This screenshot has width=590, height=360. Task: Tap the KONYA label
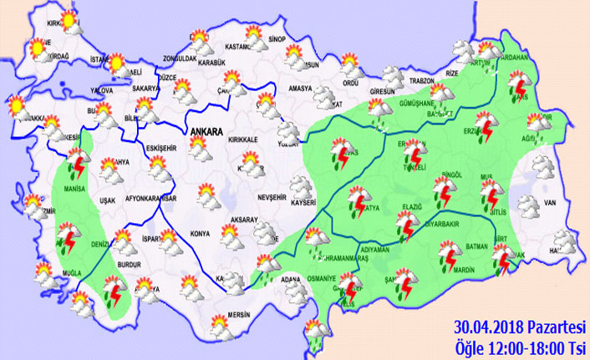click(200, 233)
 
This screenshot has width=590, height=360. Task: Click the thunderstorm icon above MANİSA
click(79, 163)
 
